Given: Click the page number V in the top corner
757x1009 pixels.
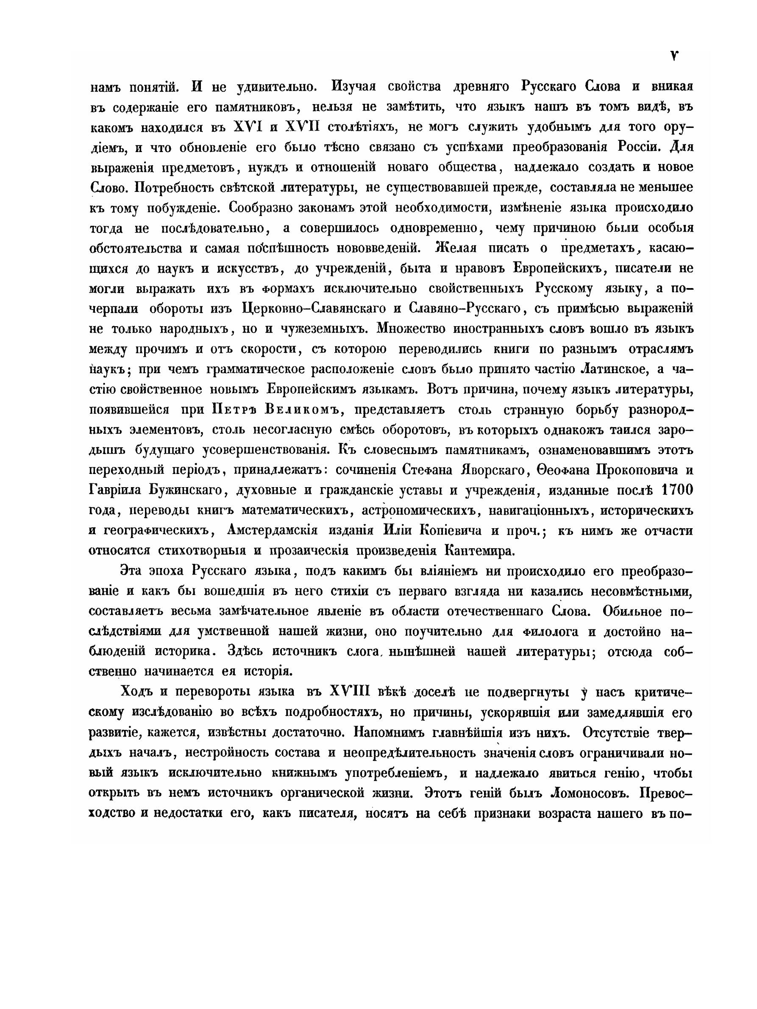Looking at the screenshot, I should [x=673, y=55].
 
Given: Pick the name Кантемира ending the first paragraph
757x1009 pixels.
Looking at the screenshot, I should [x=479, y=550].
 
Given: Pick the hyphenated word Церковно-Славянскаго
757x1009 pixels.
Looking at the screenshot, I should [x=314, y=308].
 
